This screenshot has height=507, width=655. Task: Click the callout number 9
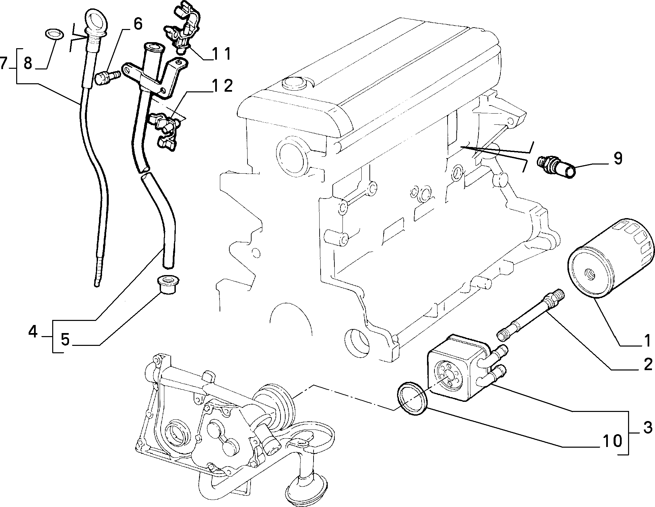tap(617, 158)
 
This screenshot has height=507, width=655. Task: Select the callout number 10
tap(611, 441)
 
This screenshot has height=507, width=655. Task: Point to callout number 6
tap(138, 24)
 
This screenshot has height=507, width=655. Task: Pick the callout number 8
tap(28, 63)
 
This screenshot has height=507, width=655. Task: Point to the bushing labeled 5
tap(167, 286)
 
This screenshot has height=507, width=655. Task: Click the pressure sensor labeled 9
tap(556, 167)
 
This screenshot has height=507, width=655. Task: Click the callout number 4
tap(33, 332)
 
